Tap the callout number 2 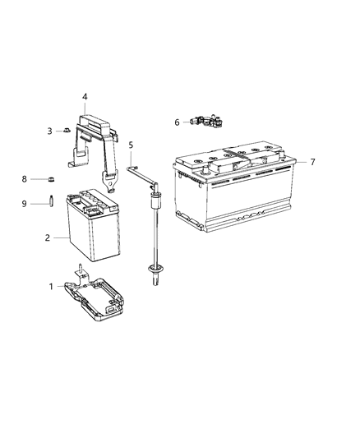(48, 237)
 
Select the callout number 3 (49, 131)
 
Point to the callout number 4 (85, 96)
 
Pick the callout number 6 (177, 122)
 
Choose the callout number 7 (313, 162)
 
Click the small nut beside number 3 (67, 131)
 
